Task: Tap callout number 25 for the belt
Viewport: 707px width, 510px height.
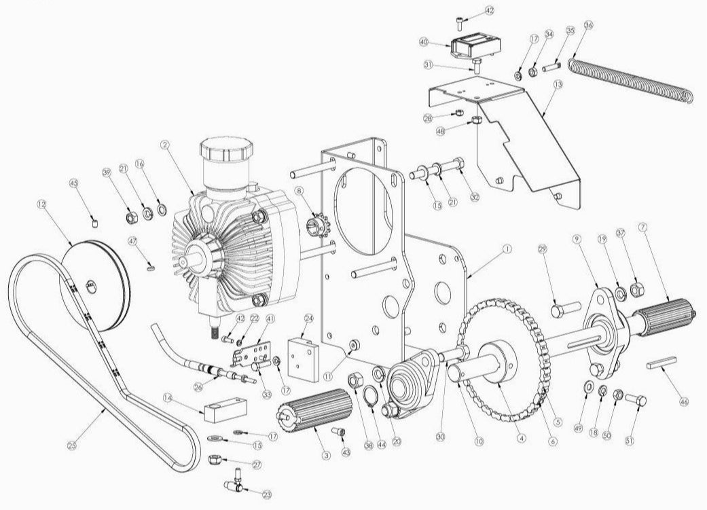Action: coord(73,446)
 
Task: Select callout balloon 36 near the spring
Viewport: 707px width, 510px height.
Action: coord(588,25)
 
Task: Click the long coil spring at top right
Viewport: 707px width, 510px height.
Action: coord(632,78)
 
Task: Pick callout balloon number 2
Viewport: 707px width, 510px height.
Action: coord(164,145)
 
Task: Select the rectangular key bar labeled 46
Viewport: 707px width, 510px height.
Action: coord(664,363)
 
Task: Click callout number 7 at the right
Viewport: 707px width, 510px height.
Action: coord(642,226)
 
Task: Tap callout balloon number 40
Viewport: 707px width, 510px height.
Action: coord(424,41)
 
